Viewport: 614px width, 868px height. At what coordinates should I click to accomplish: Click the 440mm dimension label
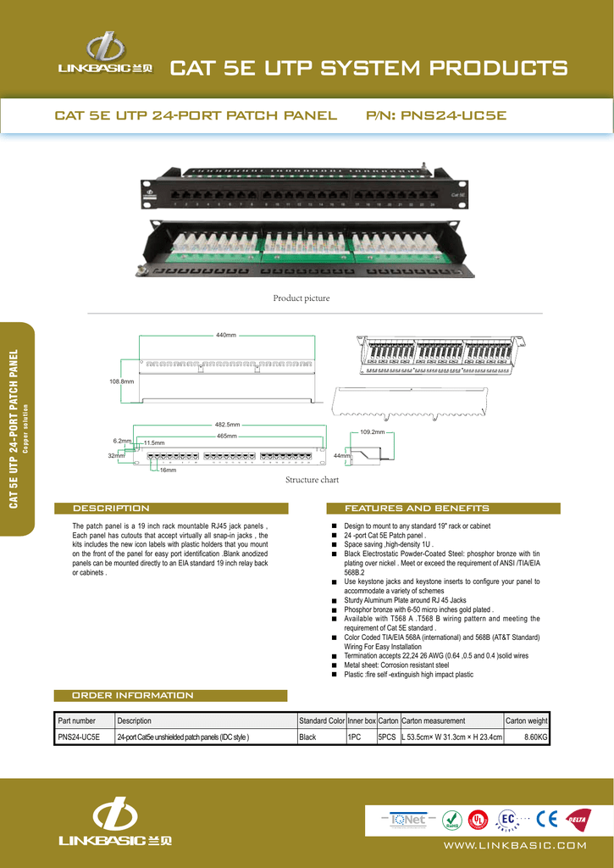[226, 336]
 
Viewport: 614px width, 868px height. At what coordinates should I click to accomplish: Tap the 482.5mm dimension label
[227, 425]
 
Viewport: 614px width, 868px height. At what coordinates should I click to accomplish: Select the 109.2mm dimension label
[373, 432]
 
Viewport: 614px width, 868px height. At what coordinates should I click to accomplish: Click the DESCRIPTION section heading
[111, 509]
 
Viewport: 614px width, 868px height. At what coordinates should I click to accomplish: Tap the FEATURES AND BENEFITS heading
[416, 509]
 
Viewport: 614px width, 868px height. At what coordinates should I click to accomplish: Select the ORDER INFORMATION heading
[132, 695]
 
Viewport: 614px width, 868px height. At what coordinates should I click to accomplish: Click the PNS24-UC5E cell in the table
[79, 737]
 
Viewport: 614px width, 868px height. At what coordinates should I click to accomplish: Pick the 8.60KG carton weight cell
[536, 737]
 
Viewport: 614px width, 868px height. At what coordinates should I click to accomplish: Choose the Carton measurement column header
[434, 721]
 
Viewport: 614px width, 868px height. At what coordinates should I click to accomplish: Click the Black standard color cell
[307, 737]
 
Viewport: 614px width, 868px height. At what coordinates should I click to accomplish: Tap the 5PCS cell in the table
[387, 737]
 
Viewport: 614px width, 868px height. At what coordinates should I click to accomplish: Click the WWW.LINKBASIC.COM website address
[514, 845]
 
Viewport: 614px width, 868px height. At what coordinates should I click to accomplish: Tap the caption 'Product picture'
[301, 298]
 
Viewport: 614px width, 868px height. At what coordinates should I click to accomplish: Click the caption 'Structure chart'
[312, 480]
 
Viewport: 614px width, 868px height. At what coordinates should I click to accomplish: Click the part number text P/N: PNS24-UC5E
[436, 114]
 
